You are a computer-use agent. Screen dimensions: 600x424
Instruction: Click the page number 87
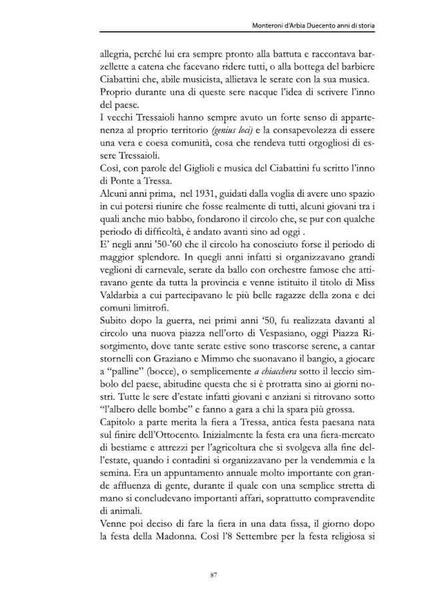coord(212,573)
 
